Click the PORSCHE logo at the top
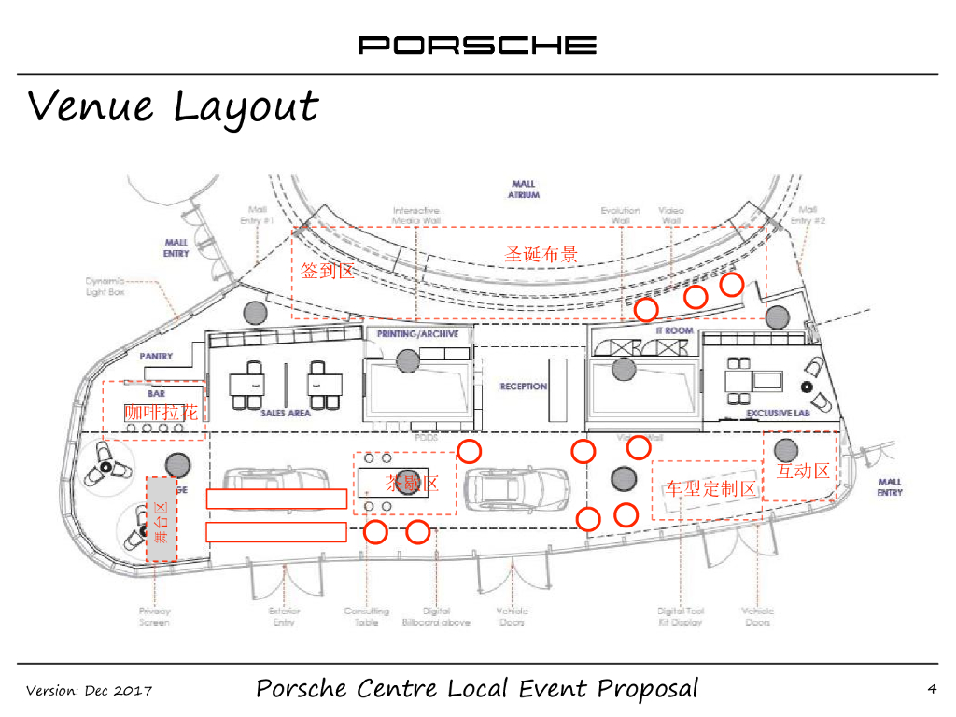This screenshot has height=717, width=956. (x=477, y=45)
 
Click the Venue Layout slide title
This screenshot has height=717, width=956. (x=173, y=106)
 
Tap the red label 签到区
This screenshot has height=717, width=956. (x=328, y=271)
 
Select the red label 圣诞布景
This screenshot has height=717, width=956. (x=541, y=254)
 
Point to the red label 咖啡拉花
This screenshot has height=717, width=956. (x=162, y=412)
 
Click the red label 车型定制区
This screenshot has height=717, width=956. (x=710, y=488)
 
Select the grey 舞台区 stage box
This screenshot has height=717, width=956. (x=162, y=519)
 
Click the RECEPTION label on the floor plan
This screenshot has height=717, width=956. (x=523, y=387)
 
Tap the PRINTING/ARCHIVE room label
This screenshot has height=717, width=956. (x=417, y=333)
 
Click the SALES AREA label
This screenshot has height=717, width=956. (x=286, y=413)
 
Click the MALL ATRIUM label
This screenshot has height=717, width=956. (x=524, y=190)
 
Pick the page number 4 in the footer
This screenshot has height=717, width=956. (x=931, y=690)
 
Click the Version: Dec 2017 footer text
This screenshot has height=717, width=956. (x=89, y=691)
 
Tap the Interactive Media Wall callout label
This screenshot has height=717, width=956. (x=416, y=216)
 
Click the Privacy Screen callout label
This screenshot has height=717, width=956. (x=154, y=616)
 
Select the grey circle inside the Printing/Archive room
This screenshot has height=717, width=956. (x=406, y=359)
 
